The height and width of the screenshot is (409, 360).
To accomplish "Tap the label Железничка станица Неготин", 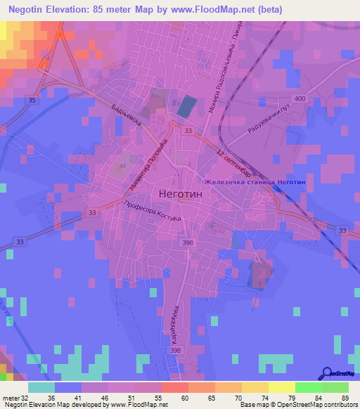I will coord(255,182).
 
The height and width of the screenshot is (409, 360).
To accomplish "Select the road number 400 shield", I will coord(300,99).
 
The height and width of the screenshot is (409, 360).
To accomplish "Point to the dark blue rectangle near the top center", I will coord(186,107).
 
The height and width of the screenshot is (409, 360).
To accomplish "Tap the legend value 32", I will coord(25,397).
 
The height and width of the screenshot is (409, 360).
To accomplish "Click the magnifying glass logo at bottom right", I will coord(328,374).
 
